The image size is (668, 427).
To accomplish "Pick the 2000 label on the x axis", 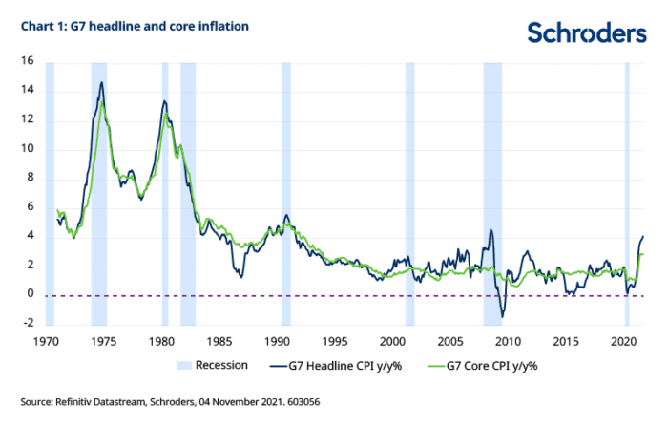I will [393, 341].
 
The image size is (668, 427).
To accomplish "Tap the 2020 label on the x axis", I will [624, 341].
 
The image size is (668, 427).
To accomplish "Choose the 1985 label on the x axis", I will [219, 341].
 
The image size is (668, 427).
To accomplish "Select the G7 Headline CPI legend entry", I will [347, 365].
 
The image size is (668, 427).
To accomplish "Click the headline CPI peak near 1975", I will [101, 82].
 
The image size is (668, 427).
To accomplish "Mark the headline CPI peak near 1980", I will [164, 100].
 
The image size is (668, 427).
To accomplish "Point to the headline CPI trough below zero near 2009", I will [503, 317].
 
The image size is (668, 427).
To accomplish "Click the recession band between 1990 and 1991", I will [285, 191].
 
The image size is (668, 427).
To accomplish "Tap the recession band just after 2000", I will [409, 191].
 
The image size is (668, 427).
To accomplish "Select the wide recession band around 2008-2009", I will [492, 191].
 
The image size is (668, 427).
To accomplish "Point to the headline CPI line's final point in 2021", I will [643, 235].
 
